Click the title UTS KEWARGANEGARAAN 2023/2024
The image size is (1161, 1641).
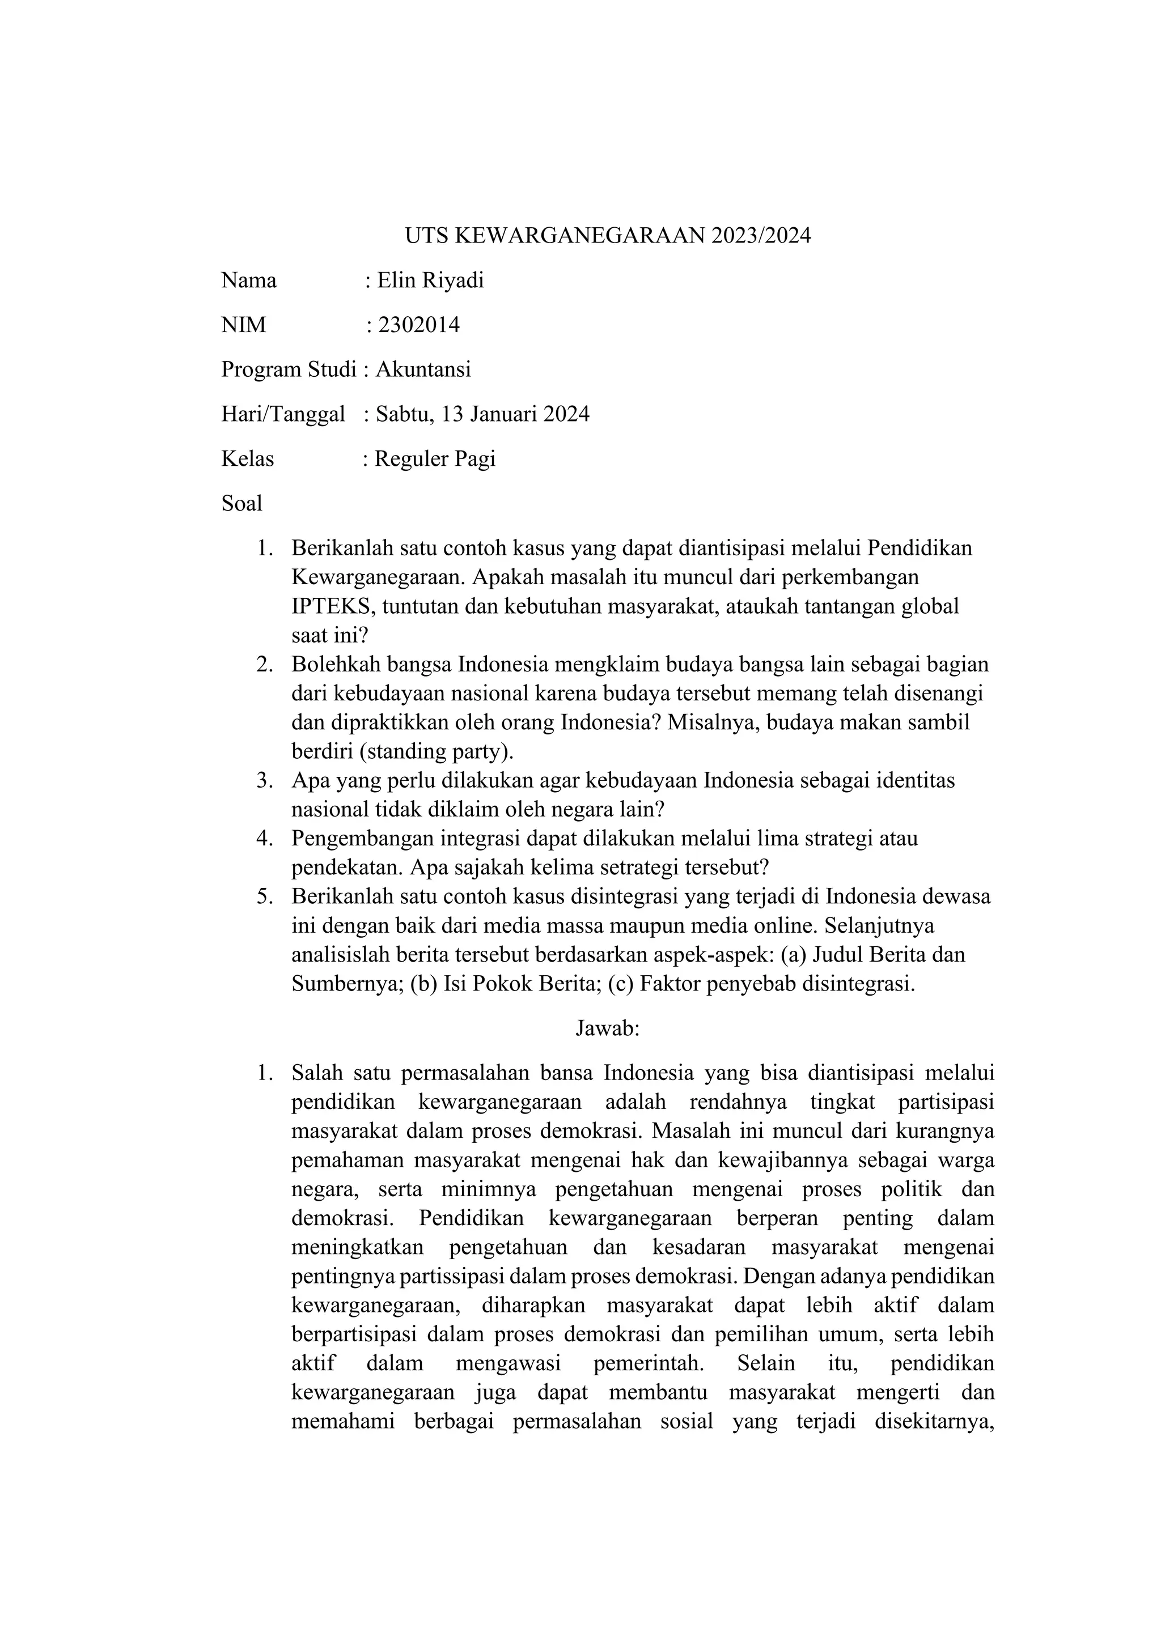tap(608, 236)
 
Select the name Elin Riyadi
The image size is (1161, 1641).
tap(430, 280)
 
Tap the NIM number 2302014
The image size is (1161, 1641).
tap(419, 325)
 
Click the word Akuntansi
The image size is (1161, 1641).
tap(423, 369)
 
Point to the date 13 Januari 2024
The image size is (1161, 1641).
tap(515, 414)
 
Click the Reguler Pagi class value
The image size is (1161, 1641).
tap(435, 458)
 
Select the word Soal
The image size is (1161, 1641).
tap(241, 503)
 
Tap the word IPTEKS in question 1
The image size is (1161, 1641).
tap(332, 606)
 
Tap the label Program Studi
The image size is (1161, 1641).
tap(288, 369)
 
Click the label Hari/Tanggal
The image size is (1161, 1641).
tap(283, 414)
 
